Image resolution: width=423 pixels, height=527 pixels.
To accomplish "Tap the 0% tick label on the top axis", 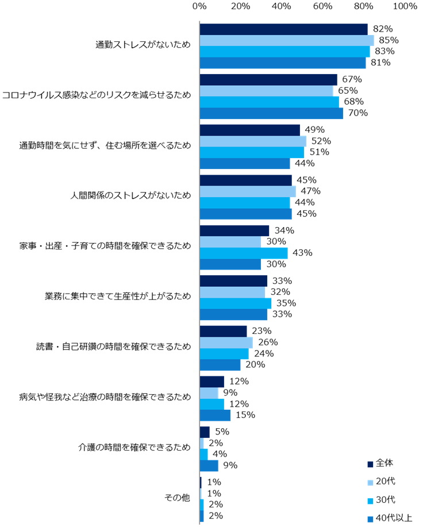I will coord(199,6).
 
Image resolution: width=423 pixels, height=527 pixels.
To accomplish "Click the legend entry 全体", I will coord(384,463).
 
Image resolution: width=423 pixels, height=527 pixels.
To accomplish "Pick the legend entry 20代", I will coord(385,481).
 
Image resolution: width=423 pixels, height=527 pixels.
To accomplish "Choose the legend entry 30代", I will coord(385,499).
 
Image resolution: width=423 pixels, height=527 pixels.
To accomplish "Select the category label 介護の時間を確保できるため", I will coord(134,448).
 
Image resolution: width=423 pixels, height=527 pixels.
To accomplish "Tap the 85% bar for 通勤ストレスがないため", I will coord(286,40).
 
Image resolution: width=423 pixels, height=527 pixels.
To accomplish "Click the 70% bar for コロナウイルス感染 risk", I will coord(271,113).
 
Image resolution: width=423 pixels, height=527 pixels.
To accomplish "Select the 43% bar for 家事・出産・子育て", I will coord(243,253).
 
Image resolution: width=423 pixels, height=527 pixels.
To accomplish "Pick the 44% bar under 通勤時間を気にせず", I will coord(244,163).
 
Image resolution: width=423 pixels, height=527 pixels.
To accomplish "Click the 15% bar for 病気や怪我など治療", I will coord(214,415).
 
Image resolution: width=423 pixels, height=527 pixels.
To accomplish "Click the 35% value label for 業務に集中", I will coord(286,303).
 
